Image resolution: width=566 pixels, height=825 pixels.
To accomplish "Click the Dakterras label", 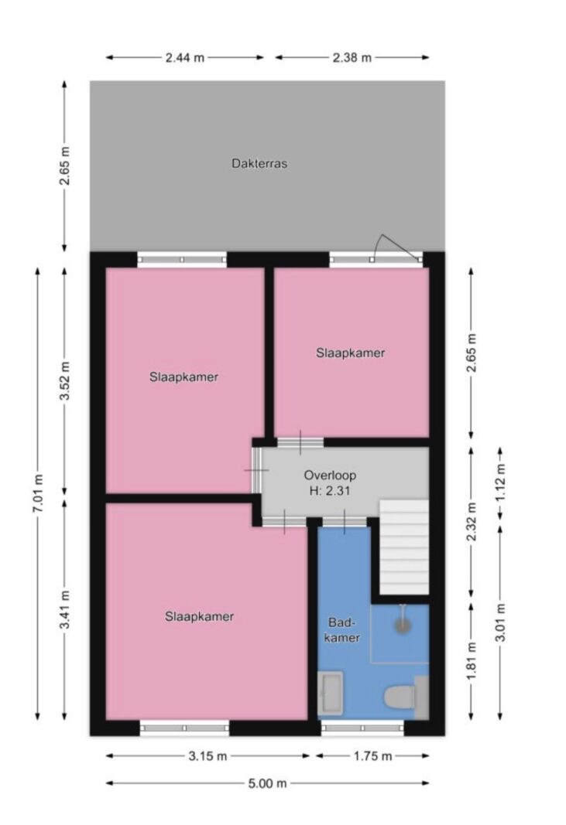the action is (259, 164).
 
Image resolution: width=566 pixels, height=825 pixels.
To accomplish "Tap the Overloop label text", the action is (330, 476).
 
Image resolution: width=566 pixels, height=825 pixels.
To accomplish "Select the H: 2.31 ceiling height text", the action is (330, 492).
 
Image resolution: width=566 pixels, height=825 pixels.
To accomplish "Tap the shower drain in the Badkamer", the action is (403, 625).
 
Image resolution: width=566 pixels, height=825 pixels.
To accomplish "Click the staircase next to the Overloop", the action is (404, 547).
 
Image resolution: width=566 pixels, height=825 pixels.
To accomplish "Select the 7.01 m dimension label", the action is (38, 493).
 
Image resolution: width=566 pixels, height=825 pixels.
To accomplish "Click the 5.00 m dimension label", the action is (268, 783).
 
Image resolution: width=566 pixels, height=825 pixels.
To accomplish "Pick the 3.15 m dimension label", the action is (208, 756).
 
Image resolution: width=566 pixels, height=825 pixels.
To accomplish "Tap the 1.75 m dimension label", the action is (372, 756).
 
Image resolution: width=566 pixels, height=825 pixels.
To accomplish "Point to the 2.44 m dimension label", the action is (185, 57).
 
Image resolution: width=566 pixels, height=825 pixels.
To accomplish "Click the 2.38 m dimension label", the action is (352, 57).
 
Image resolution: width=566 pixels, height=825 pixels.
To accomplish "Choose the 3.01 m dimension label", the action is (500, 622).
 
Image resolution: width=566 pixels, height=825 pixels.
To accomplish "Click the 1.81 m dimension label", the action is (472, 661).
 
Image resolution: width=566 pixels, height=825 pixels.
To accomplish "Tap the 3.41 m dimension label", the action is (65, 610).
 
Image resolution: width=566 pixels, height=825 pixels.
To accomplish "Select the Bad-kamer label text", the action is (342, 630).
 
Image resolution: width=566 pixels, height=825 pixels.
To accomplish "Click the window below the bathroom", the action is (362, 728).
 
